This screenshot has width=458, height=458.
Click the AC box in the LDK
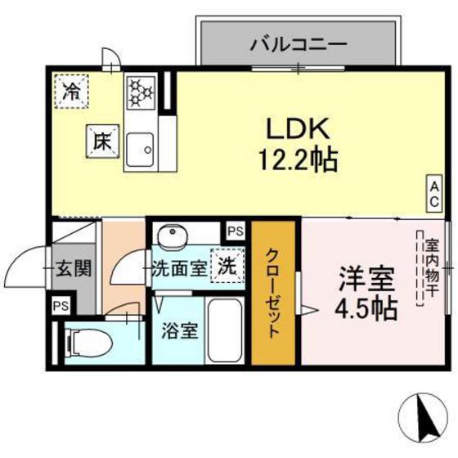[x=434, y=192]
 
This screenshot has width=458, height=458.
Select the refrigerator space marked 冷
[x=72, y=90]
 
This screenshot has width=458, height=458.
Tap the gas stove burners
[x=141, y=97]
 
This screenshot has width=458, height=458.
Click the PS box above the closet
[x=235, y=231]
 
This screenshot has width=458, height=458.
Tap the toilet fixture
[x=88, y=343]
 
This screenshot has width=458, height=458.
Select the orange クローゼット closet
[x=273, y=293]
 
